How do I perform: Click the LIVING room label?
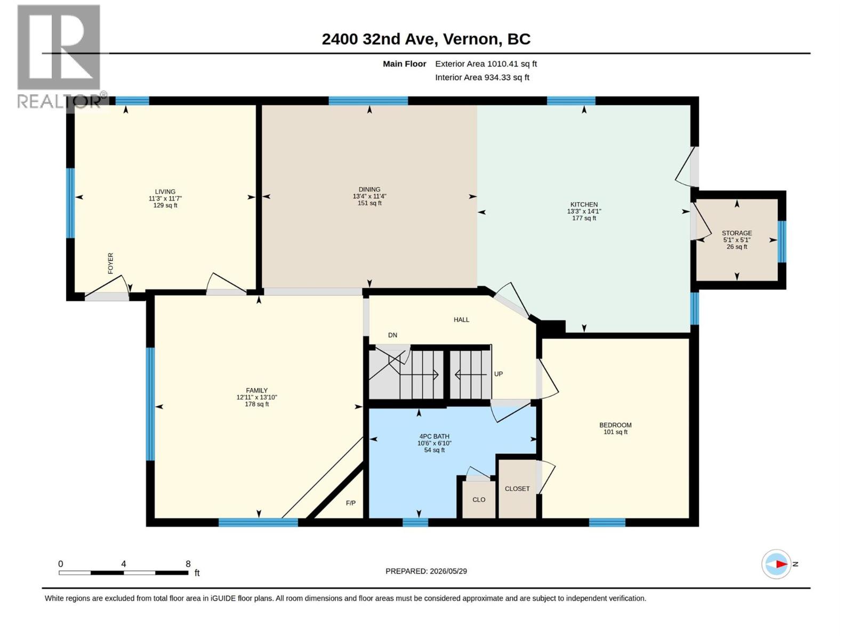coord(165,191)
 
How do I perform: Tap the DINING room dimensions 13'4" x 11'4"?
coord(369,196)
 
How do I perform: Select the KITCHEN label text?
coord(584,204)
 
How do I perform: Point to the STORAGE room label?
coord(736,233)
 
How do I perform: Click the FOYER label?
coord(110,263)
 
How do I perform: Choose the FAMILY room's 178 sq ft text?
coord(256,404)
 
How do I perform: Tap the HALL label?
coord(461,320)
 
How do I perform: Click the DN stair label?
coord(392,335)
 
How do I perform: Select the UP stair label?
coord(498,374)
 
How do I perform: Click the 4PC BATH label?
coord(434,436)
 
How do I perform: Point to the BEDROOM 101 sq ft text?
coord(615,431)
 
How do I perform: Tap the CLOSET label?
coord(517,489)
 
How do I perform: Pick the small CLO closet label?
coord(479,500)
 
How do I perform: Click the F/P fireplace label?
coord(350,503)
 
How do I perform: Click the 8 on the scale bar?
coord(188,563)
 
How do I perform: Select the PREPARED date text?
coord(426,571)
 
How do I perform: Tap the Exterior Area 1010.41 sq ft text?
coord(486,63)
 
